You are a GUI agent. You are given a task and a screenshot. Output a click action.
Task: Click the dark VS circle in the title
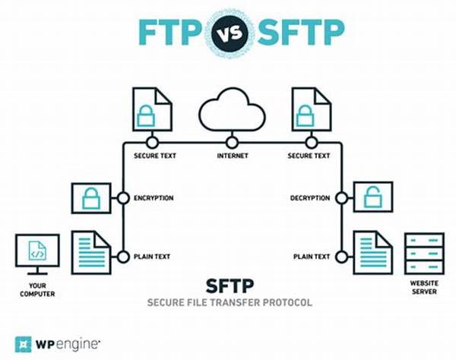point(230,33)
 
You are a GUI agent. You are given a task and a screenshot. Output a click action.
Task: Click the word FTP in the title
point(171,32)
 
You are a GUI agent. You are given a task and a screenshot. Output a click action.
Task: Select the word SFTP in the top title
point(301,32)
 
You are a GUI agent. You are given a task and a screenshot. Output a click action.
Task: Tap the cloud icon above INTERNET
point(232,109)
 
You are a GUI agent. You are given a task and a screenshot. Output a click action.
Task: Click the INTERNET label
point(233,156)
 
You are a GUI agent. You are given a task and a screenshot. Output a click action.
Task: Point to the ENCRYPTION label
point(154,198)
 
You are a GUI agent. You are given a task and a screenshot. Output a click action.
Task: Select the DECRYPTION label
point(310,198)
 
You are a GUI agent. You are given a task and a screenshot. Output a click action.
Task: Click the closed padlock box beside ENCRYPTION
point(91,198)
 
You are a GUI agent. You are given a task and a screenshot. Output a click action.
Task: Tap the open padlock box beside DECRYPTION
point(373,197)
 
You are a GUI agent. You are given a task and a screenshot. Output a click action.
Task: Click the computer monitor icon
point(37,254)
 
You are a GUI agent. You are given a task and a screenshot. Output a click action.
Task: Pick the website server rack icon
point(424,254)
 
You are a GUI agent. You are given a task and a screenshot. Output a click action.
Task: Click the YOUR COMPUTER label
point(37,289)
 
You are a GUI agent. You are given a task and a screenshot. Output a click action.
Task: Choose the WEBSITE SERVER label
point(424,287)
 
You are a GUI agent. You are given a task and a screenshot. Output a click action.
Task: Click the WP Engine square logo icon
point(23,344)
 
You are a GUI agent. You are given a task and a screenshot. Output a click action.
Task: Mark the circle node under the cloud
point(232,143)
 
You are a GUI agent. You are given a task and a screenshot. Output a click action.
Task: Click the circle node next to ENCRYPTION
point(123,198)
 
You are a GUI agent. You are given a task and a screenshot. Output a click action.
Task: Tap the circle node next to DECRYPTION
point(342,198)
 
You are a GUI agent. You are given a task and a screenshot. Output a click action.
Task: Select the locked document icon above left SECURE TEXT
point(153,109)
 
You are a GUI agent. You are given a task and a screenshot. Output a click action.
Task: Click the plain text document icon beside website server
point(373,252)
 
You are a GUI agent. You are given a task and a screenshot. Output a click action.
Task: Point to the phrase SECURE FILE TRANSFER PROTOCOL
point(230,302)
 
